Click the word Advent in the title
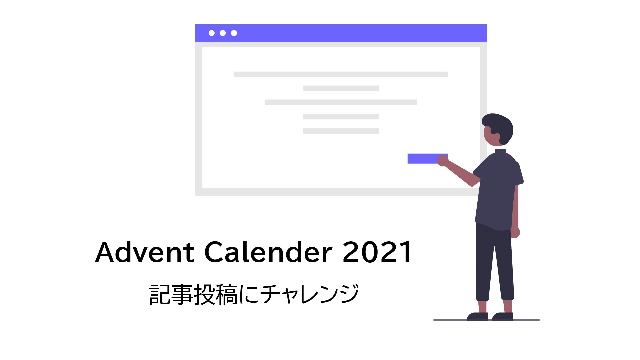tap(145, 252)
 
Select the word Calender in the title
tap(268, 252)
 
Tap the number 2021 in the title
tap(377, 252)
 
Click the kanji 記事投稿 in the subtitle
tap(193, 294)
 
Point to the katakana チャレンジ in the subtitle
tap(309, 294)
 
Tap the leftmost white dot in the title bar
tap(211, 33)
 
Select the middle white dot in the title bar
tap(223, 33)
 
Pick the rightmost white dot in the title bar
tap(234, 33)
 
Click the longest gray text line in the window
tap(341, 74)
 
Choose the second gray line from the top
tap(341, 88)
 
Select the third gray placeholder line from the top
tap(341, 102)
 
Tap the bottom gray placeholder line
tap(341, 131)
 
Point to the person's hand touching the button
tap(442, 161)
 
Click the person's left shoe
tap(477, 316)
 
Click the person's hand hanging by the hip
tap(515, 233)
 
